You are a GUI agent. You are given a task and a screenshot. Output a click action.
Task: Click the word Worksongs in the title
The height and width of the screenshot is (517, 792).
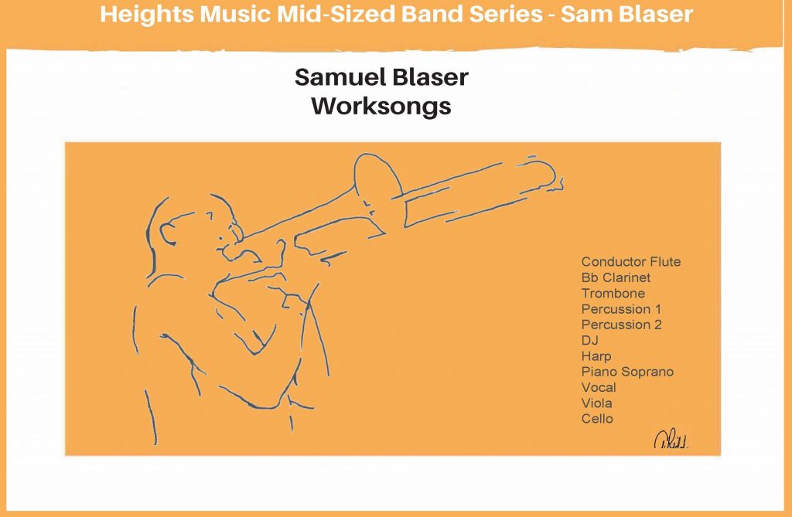[381, 106]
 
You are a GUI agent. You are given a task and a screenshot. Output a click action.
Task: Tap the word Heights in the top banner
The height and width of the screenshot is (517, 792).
[147, 14]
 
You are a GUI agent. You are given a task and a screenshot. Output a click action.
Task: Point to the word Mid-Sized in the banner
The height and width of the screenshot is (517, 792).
[336, 14]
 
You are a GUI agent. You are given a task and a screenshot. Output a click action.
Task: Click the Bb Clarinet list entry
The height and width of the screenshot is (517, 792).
[616, 277]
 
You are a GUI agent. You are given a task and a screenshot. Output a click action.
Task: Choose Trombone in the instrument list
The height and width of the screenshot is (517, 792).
[613, 294]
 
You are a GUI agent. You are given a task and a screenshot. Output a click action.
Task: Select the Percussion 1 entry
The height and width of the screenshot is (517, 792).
[621, 309]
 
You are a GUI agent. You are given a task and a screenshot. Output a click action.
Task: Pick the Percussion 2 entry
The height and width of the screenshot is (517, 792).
[621, 325]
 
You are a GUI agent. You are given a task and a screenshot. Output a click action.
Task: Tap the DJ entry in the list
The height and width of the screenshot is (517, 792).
[590, 340]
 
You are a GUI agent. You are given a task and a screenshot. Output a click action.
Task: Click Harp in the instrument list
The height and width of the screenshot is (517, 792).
[596, 356]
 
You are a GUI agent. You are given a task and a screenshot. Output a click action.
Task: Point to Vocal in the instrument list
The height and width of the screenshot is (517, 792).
[599, 388]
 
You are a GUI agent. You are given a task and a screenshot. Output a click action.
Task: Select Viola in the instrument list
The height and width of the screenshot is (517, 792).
[597, 403]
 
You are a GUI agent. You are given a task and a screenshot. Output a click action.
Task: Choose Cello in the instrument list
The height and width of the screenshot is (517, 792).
[597, 419]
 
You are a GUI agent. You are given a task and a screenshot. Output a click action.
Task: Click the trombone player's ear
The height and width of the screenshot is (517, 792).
[168, 233]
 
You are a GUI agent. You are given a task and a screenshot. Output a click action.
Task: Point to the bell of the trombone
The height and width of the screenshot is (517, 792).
[377, 181]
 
